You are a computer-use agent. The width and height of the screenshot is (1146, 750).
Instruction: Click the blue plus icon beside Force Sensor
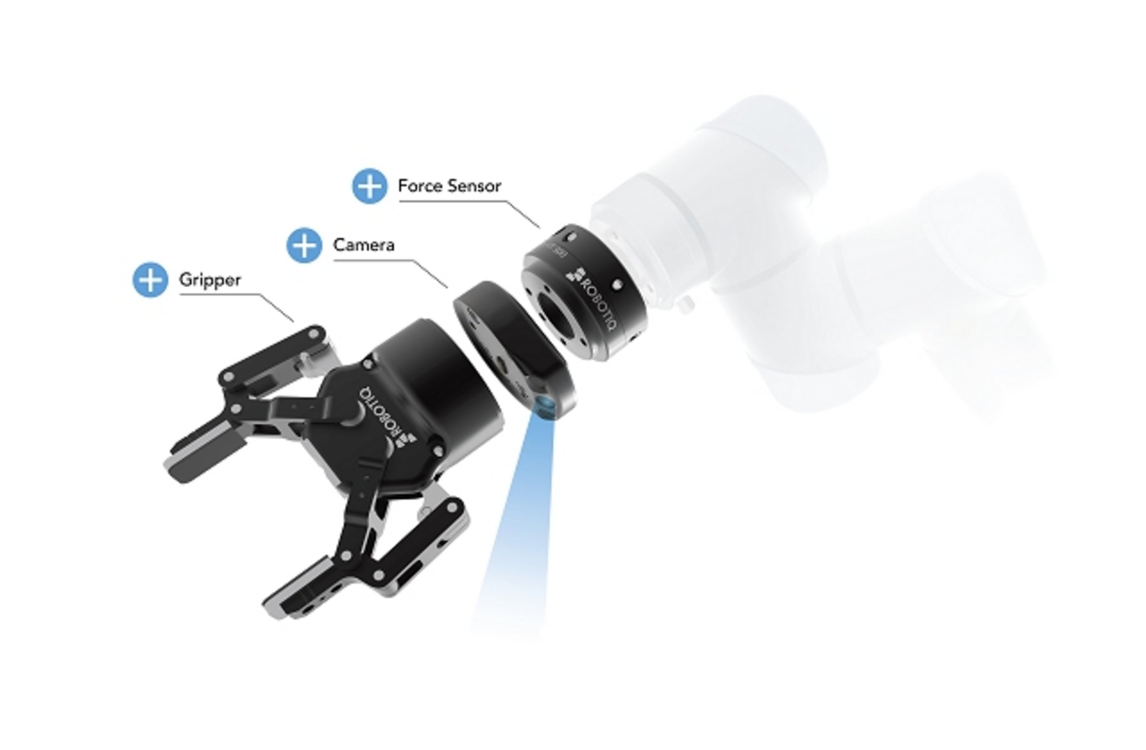point(369,186)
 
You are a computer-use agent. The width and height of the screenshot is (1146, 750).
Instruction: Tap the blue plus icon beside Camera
point(304,245)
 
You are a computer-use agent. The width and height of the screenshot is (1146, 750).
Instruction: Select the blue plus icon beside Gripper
point(150,280)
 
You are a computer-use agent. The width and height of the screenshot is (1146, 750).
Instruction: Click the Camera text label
point(364,245)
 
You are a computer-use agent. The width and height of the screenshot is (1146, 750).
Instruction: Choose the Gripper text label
point(209,280)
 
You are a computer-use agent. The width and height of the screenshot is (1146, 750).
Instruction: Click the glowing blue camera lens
point(545,407)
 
